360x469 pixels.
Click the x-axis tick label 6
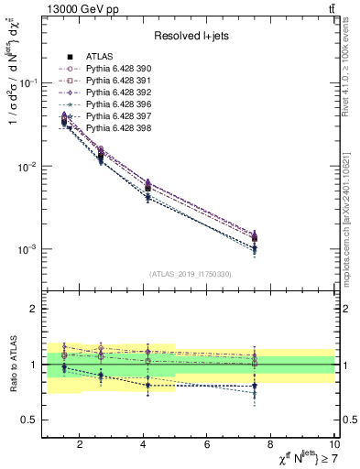pos(208,445)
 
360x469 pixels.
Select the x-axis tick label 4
pos(144,445)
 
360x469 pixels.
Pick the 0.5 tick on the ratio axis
pos(29,420)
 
